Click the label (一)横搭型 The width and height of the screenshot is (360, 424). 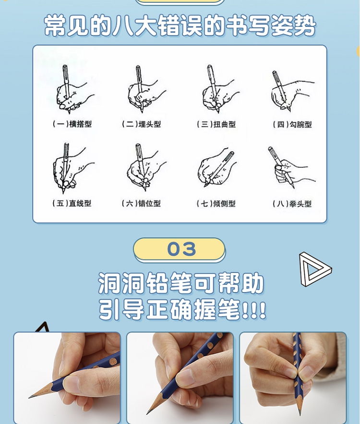click(72, 124)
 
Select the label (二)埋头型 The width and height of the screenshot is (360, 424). click(141, 124)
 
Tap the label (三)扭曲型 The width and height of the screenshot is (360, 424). click(216, 124)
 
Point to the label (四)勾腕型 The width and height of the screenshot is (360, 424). click(292, 124)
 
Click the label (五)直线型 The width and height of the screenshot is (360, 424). click(72, 203)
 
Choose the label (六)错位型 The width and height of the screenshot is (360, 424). click(141, 203)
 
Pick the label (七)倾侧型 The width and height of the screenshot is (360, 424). click(216, 203)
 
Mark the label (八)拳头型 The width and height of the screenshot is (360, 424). click(292, 204)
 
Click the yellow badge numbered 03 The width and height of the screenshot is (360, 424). click(180, 249)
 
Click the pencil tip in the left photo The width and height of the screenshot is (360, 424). click(29, 398)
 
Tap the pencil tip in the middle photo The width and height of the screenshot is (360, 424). click(147, 413)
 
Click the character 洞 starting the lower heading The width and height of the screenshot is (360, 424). click(108, 283)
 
